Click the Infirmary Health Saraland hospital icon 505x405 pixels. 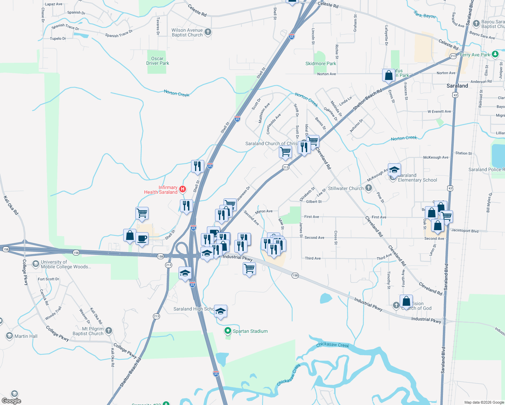pyautogui.click(x=183, y=189)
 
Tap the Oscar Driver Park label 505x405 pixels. pyautogui.click(x=158, y=61)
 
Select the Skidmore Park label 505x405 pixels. pyautogui.click(x=321, y=63)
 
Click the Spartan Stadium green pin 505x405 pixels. pyautogui.click(x=228, y=331)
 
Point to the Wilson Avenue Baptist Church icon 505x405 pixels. pyautogui.click(x=208, y=32)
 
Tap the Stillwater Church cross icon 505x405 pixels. pyautogui.click(x=369, y=188)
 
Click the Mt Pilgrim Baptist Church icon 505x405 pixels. pyautogui.click(x=109, y=331)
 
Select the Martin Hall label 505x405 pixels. pyautogui.click(x=26, y=336)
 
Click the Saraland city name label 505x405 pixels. pyautogui.click(x=457, y=86)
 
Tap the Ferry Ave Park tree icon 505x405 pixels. pyautogui.click(x=495, y=54)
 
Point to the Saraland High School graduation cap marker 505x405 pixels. pyautogui.click(x=220, y=311)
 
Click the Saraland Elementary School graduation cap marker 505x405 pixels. pyautogui.click(x=394, y=169)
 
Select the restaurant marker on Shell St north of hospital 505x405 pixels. pyautogui.click(x=197, y=166)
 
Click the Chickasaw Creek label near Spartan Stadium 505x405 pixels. pyautogui.click(x=333, y=345)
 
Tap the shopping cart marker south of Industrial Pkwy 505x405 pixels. pyautogui.click(x=249, y=269)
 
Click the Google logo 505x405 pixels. pyautogui.click(x=11, y=401)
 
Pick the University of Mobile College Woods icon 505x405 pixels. pyautogui.click(x=35, y=264)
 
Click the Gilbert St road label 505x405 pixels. pyautogui.click(x=314, y=201)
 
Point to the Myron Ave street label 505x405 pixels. pyautogui.click(x=264, y=212)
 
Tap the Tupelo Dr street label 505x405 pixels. pyautogui.click(x=58, y=38)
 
